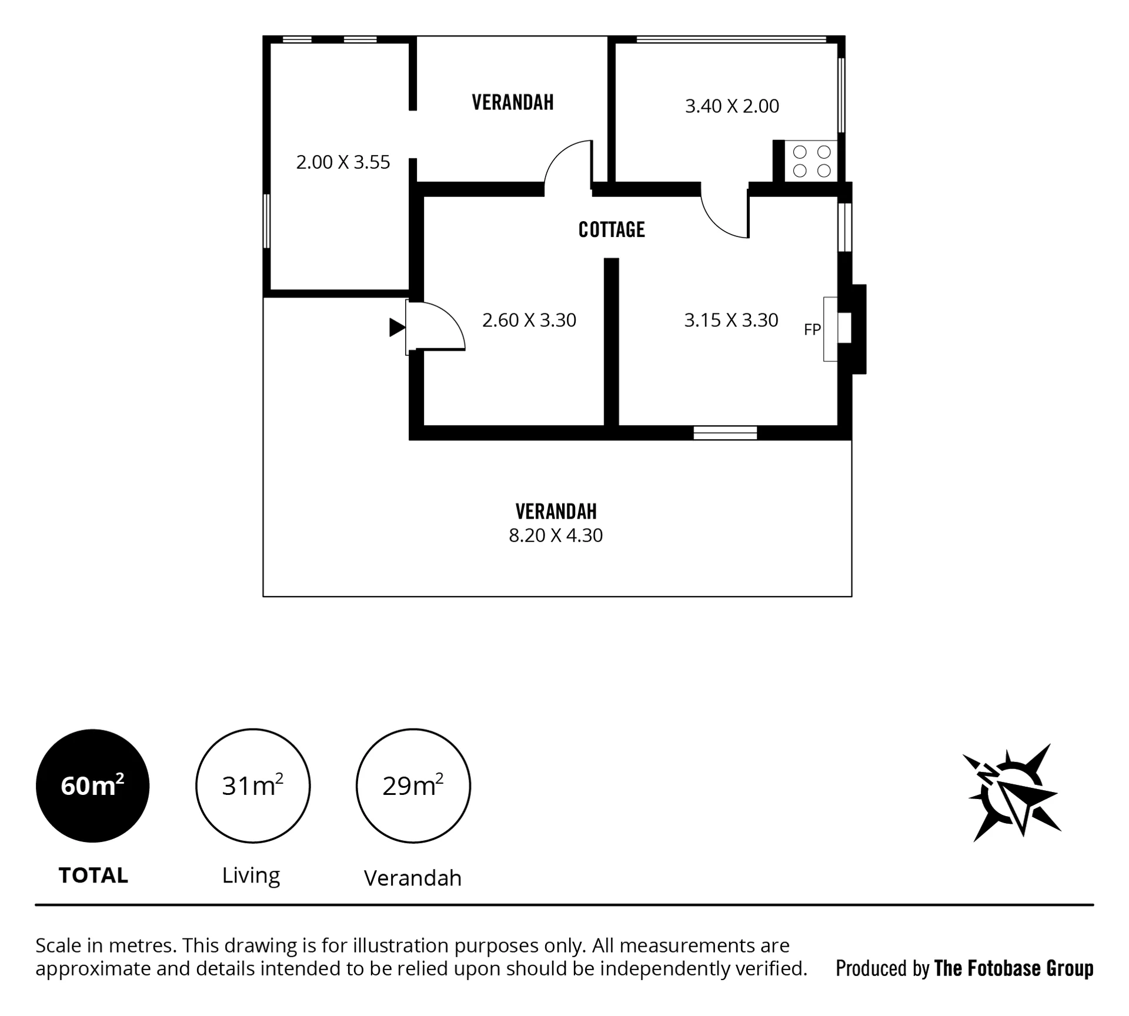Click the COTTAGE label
point(612,229)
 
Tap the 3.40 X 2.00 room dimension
point(732,106)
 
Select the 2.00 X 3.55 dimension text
point(343,162)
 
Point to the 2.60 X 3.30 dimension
point(529,320)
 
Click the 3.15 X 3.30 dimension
point(731,320)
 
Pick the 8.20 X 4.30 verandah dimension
point(556,536)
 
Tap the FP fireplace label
point(812,330)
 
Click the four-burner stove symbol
point(811,161)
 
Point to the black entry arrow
point(397,327)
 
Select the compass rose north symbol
point(1012,793)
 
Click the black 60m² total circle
point(93,786)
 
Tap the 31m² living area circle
point(253,786)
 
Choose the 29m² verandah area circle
point(413,786)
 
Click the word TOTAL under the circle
point(93,875)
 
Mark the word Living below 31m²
point(251,876)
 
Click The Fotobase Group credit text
point(1014,968)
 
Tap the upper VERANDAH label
point(513,102)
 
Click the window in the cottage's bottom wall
point(725,433)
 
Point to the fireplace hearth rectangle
point(830,329)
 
